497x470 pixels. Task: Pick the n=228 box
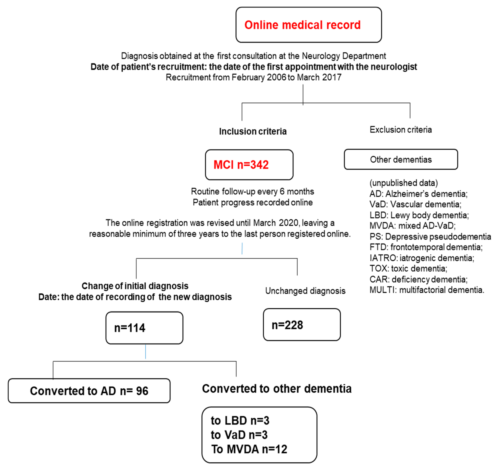[302, 324]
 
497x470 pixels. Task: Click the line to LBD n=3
[240, 420]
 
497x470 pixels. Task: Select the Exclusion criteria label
[400, 130]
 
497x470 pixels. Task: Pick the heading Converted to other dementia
[277, 389]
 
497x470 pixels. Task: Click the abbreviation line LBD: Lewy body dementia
[419, 215]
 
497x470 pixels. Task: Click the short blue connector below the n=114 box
[145, 352]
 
